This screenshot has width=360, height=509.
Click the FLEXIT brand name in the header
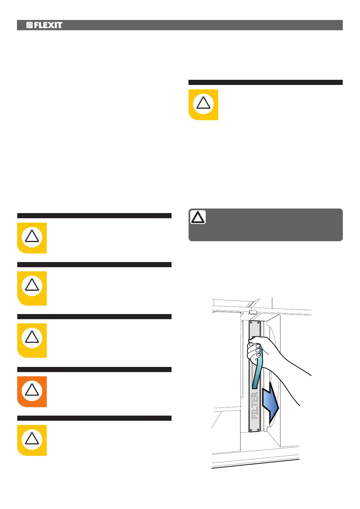tap(48, 25)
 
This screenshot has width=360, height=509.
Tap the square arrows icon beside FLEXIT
tap(29, 25)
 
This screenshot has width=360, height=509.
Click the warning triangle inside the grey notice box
tap(198, 217)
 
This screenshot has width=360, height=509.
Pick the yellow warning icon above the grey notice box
tap(203, 104)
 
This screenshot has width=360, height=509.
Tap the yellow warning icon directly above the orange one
tap(32, 340)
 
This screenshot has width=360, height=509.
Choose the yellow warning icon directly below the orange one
tap(32, 440)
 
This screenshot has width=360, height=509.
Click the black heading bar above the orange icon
tap(94, 369)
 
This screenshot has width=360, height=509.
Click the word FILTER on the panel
tap(255, 405)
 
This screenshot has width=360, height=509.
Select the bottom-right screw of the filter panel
tap(258, 430)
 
